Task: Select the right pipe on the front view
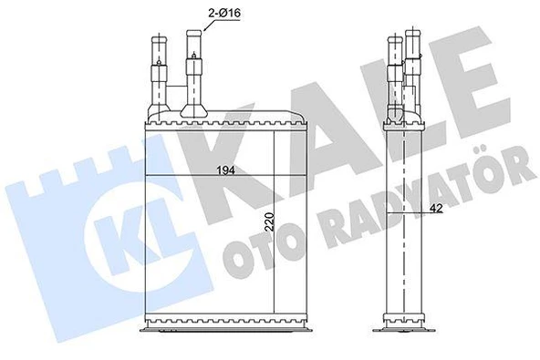click(x=194, y=71)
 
